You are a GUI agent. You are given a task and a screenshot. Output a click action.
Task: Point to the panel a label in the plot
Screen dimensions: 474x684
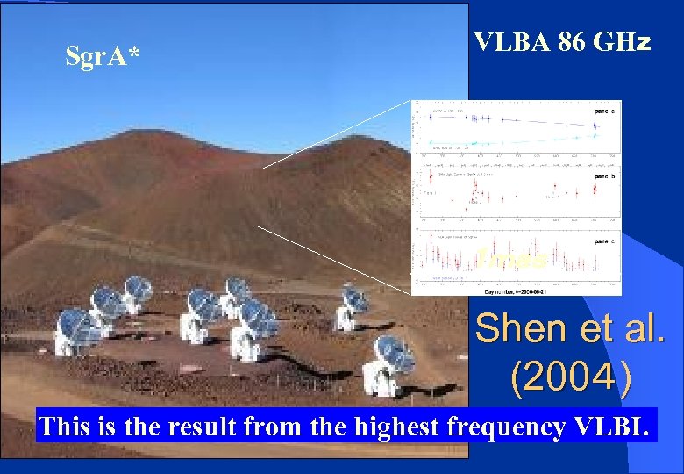pyautogui.click(x=605, y=111)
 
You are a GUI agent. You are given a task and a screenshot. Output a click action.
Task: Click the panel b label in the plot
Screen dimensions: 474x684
pyautogui.click(x=605, y=176)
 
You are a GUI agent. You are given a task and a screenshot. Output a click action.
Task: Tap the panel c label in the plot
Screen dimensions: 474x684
pyautogui.click(x=605, y=240)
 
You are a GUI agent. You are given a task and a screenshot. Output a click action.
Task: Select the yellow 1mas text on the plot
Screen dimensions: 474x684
pyautogui.click(x=512, y=259)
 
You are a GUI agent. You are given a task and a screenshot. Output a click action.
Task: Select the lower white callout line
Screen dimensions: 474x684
pyautogui.click(x=333, y=260)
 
